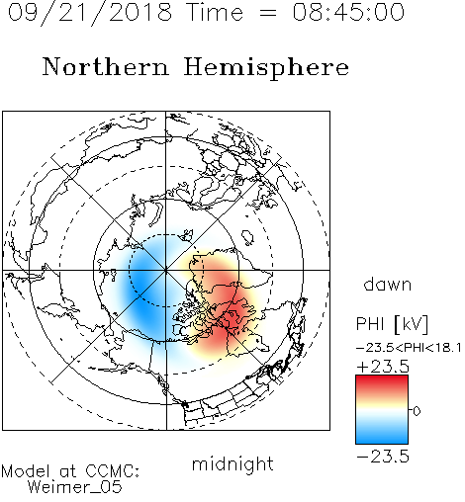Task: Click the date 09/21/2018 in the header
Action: (x=90, y=13)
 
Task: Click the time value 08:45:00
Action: (x=348, y=12)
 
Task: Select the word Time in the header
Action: (x=215, y=12)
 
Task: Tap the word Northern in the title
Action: (x=106, y=66)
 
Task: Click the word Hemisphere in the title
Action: (x=266, y=68)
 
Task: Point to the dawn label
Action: (x=388, y=284)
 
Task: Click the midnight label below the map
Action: (x=232, y=463)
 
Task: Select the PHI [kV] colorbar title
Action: (x=392, y=324)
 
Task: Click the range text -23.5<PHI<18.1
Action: (x=409, y=348)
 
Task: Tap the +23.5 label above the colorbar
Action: (x=383, y=367)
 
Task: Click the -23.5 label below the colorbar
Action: (x=383, y=457)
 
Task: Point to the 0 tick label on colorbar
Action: (x=417, y=411)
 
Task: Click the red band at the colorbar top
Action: (x=382, y=381)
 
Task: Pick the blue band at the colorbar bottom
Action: (x=382, y=437)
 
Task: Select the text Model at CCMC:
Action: (x=70, y=471)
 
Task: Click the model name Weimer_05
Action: (x=75, y=487)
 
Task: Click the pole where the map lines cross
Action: (x=166, y=270)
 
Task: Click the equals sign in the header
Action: (x=267, y=13)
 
